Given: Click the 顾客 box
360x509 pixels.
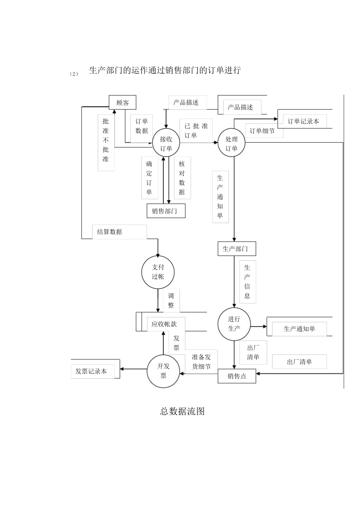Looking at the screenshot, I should pos(122,103).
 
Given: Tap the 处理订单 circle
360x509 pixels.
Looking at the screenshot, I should pos(232,144).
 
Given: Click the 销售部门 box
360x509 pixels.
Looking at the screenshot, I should pos(166,211).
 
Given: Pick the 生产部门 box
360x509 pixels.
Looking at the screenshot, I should pos(237,249).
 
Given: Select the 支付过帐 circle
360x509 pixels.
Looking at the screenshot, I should pos(158,272).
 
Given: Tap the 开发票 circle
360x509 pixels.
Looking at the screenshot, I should pos(163,371).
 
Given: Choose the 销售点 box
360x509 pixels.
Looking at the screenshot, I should pos(237,376).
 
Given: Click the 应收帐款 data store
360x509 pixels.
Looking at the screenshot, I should pos(164,324).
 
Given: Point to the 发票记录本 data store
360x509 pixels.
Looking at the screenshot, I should pos(92,371).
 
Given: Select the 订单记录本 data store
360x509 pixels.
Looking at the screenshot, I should pos(303,121).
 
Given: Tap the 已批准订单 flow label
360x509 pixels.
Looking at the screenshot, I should pos(196,131).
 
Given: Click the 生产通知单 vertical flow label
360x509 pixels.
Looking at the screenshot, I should pos(220,197).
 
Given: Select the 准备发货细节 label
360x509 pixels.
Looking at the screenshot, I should pos(201,362).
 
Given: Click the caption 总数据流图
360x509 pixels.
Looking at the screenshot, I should pos(182,411).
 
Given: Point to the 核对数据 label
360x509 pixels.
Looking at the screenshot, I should pos(182,178).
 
